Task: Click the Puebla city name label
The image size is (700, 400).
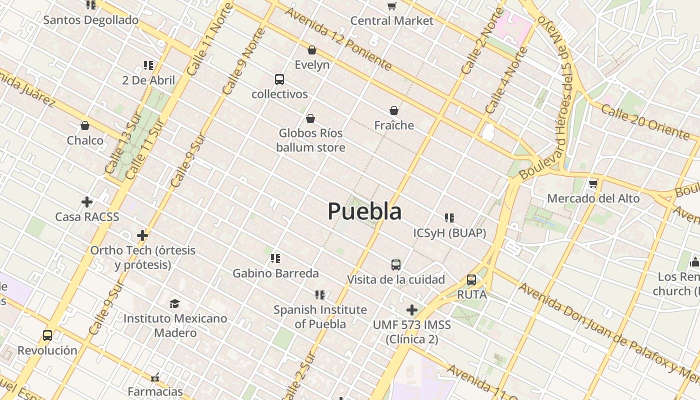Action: click(364, 211)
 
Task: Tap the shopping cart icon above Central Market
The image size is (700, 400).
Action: click(392, 6)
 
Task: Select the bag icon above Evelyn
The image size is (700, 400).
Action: click(312, 50)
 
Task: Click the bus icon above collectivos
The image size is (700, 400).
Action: click(279, 79)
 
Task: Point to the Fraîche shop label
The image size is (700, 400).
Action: click(394, 125)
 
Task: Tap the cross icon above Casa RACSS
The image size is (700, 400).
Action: click(87, 202)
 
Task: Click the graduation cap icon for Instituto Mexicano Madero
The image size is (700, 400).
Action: click(174, 303)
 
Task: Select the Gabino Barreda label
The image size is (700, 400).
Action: click(275, 273)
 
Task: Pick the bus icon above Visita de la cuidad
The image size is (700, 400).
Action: click(396, 264)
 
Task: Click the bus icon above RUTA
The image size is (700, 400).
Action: click(471, 280)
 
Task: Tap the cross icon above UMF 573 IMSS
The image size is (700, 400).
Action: click(412, 310)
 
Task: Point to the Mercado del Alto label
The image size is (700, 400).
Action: click(593, 198)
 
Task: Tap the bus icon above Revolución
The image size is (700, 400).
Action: click(47, 335)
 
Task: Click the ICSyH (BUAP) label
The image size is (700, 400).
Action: click(449, 233)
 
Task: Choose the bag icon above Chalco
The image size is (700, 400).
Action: click(85, 125)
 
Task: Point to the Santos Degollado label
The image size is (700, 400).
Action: click(90, 20)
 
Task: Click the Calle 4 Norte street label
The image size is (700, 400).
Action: click(505, 80)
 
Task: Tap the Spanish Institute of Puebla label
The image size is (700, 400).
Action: click(320, 316)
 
